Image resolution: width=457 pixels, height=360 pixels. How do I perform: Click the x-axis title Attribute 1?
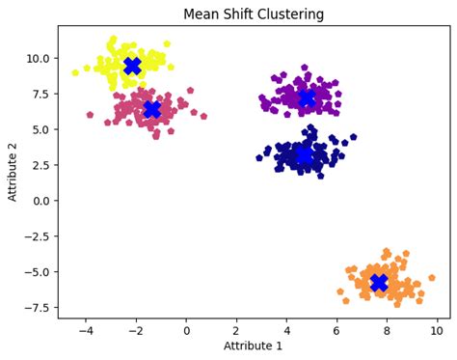[x=255, y=346]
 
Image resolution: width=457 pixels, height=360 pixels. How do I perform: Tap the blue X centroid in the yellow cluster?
[x=133, y=66]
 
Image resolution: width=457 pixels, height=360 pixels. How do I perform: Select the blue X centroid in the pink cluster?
[x=151, y=109]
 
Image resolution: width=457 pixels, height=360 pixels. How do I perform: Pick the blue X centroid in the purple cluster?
[x=307, y=98]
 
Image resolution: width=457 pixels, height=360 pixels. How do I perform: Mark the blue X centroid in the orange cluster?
[x=379, y=282]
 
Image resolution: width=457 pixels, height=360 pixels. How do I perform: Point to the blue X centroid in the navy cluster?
[x=304, y=154]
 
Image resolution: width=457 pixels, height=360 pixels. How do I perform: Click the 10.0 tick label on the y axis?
[x=38, y=58]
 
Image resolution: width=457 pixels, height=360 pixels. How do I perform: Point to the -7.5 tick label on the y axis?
[x=36, y=308]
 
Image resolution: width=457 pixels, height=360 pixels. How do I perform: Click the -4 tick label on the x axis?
[x=85, y=329]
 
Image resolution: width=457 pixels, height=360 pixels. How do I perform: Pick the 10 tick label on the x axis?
[x=437, y=329]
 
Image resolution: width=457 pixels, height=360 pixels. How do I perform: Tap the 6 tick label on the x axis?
[x=336, y=329]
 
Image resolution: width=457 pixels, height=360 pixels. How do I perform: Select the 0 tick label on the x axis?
[x=186, y=329]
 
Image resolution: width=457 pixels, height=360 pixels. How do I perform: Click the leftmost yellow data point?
[x=75, y=72]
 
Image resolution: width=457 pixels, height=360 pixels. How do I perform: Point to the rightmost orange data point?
[x=431, y=277]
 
